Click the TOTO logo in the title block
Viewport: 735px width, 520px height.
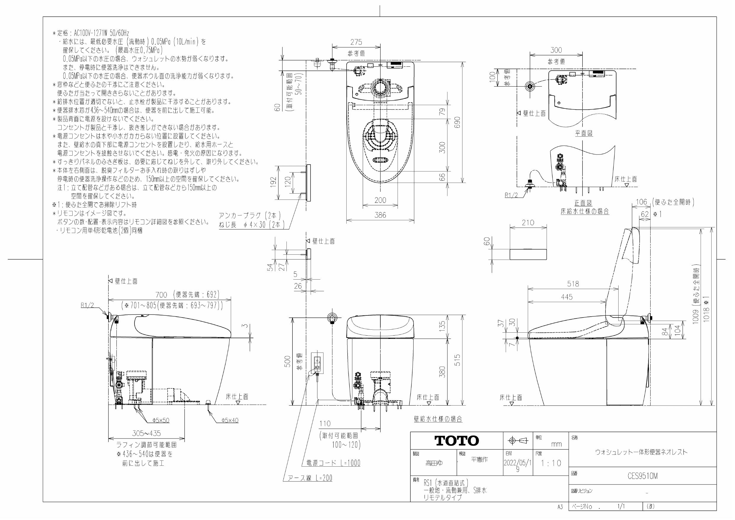(x=457, y=441)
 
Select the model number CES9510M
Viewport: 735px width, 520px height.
(x=643, y=476)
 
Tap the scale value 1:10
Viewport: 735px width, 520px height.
(x=551, y=463)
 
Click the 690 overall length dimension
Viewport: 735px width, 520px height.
(x=457, y=122)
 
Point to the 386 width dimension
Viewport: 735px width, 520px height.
(x=380, y=215)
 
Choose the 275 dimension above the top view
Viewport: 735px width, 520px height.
(x=356, y=42)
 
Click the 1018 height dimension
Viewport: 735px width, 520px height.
(x=707, y=309)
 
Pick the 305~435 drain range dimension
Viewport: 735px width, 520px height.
(x=146, y=433)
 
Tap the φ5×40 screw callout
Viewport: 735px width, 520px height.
(x=230, y=420)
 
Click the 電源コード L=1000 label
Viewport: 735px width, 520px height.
(x=333, y=463)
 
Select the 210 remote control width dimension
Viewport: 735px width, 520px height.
(x=528, y=222)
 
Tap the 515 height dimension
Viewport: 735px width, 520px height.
(x=457, y=360)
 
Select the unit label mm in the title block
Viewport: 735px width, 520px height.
(x=556, y=444)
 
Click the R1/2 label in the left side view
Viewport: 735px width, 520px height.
(x=87, y=305)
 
